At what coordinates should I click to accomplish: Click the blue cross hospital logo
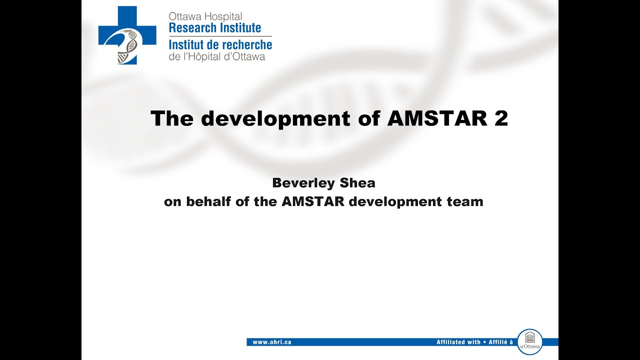pyautogui.click(x=127, y=35)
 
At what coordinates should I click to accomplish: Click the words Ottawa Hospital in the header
pyautogui.click(x=205, y=16)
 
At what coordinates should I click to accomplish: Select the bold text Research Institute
pyautogui.click(x=215, y=28)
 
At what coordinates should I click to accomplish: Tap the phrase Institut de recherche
pyautogui.click(x=220, y=44)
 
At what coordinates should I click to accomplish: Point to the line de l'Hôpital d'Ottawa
pyautogui.click(x=216, y=56)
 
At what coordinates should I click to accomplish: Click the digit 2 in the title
pyautogui.click(x=501, y=118)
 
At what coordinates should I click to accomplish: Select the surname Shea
pyautogui.click(x=356, y=183)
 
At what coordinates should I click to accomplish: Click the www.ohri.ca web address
pyautogui.click(x=272, y=342)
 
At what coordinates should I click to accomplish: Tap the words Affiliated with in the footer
pyautogui.click(x=458, y=342)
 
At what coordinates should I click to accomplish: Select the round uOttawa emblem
pyautogui.click(x=529, y=341)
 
